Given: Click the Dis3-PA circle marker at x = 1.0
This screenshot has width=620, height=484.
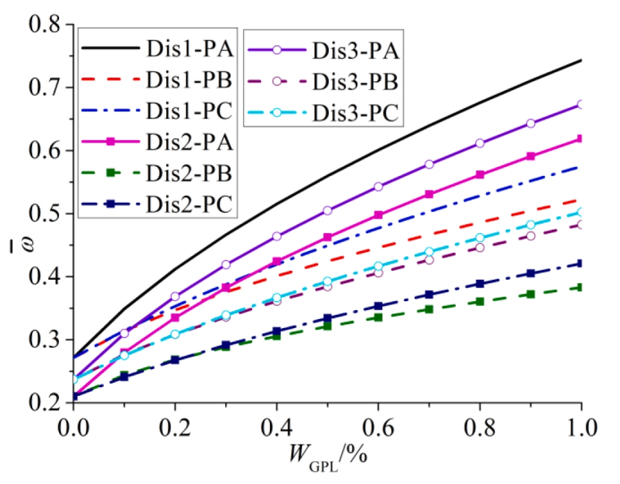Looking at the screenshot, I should (x=581, y=104).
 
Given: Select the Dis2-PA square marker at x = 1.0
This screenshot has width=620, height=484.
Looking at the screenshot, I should (x=581, y=139).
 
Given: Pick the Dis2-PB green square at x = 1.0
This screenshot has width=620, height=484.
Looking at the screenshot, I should (x=581, y=287).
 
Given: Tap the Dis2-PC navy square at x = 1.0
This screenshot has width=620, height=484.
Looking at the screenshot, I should (x=581, y=263).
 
